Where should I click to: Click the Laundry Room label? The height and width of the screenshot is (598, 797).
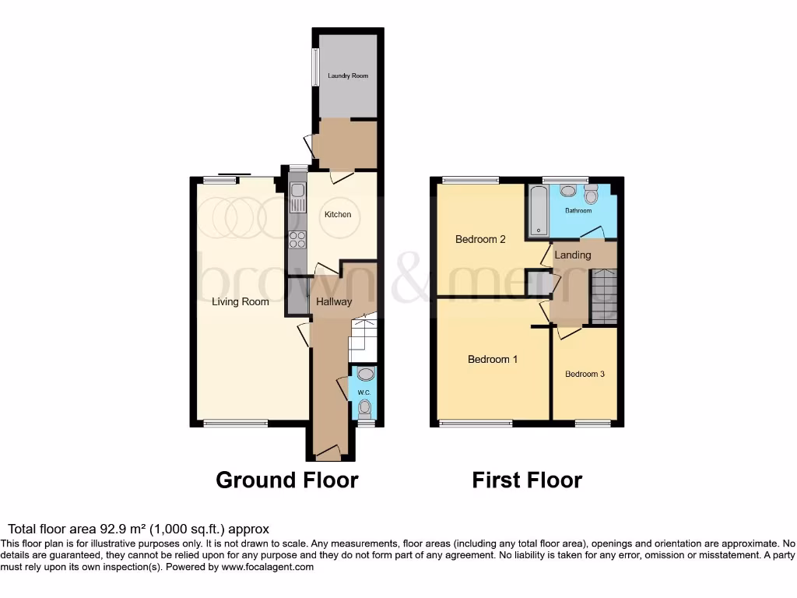348,76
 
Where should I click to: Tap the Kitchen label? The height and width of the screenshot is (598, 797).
338,214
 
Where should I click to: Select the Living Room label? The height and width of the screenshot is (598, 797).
241,302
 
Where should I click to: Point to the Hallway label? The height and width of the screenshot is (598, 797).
333,302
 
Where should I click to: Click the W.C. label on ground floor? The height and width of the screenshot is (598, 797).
363,392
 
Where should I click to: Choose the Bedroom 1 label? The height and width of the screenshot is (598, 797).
493,360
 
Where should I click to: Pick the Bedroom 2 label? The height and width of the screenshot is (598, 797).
480,240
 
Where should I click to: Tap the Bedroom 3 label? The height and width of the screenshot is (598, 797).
585,375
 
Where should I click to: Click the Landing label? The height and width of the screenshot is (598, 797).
573,255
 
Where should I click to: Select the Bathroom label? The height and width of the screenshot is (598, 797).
578,211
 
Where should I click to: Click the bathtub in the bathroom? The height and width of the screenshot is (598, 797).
538,210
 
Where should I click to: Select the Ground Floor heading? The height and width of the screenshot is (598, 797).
286,480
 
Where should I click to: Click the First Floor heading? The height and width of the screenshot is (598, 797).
527,480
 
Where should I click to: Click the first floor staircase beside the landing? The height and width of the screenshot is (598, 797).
604,296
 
